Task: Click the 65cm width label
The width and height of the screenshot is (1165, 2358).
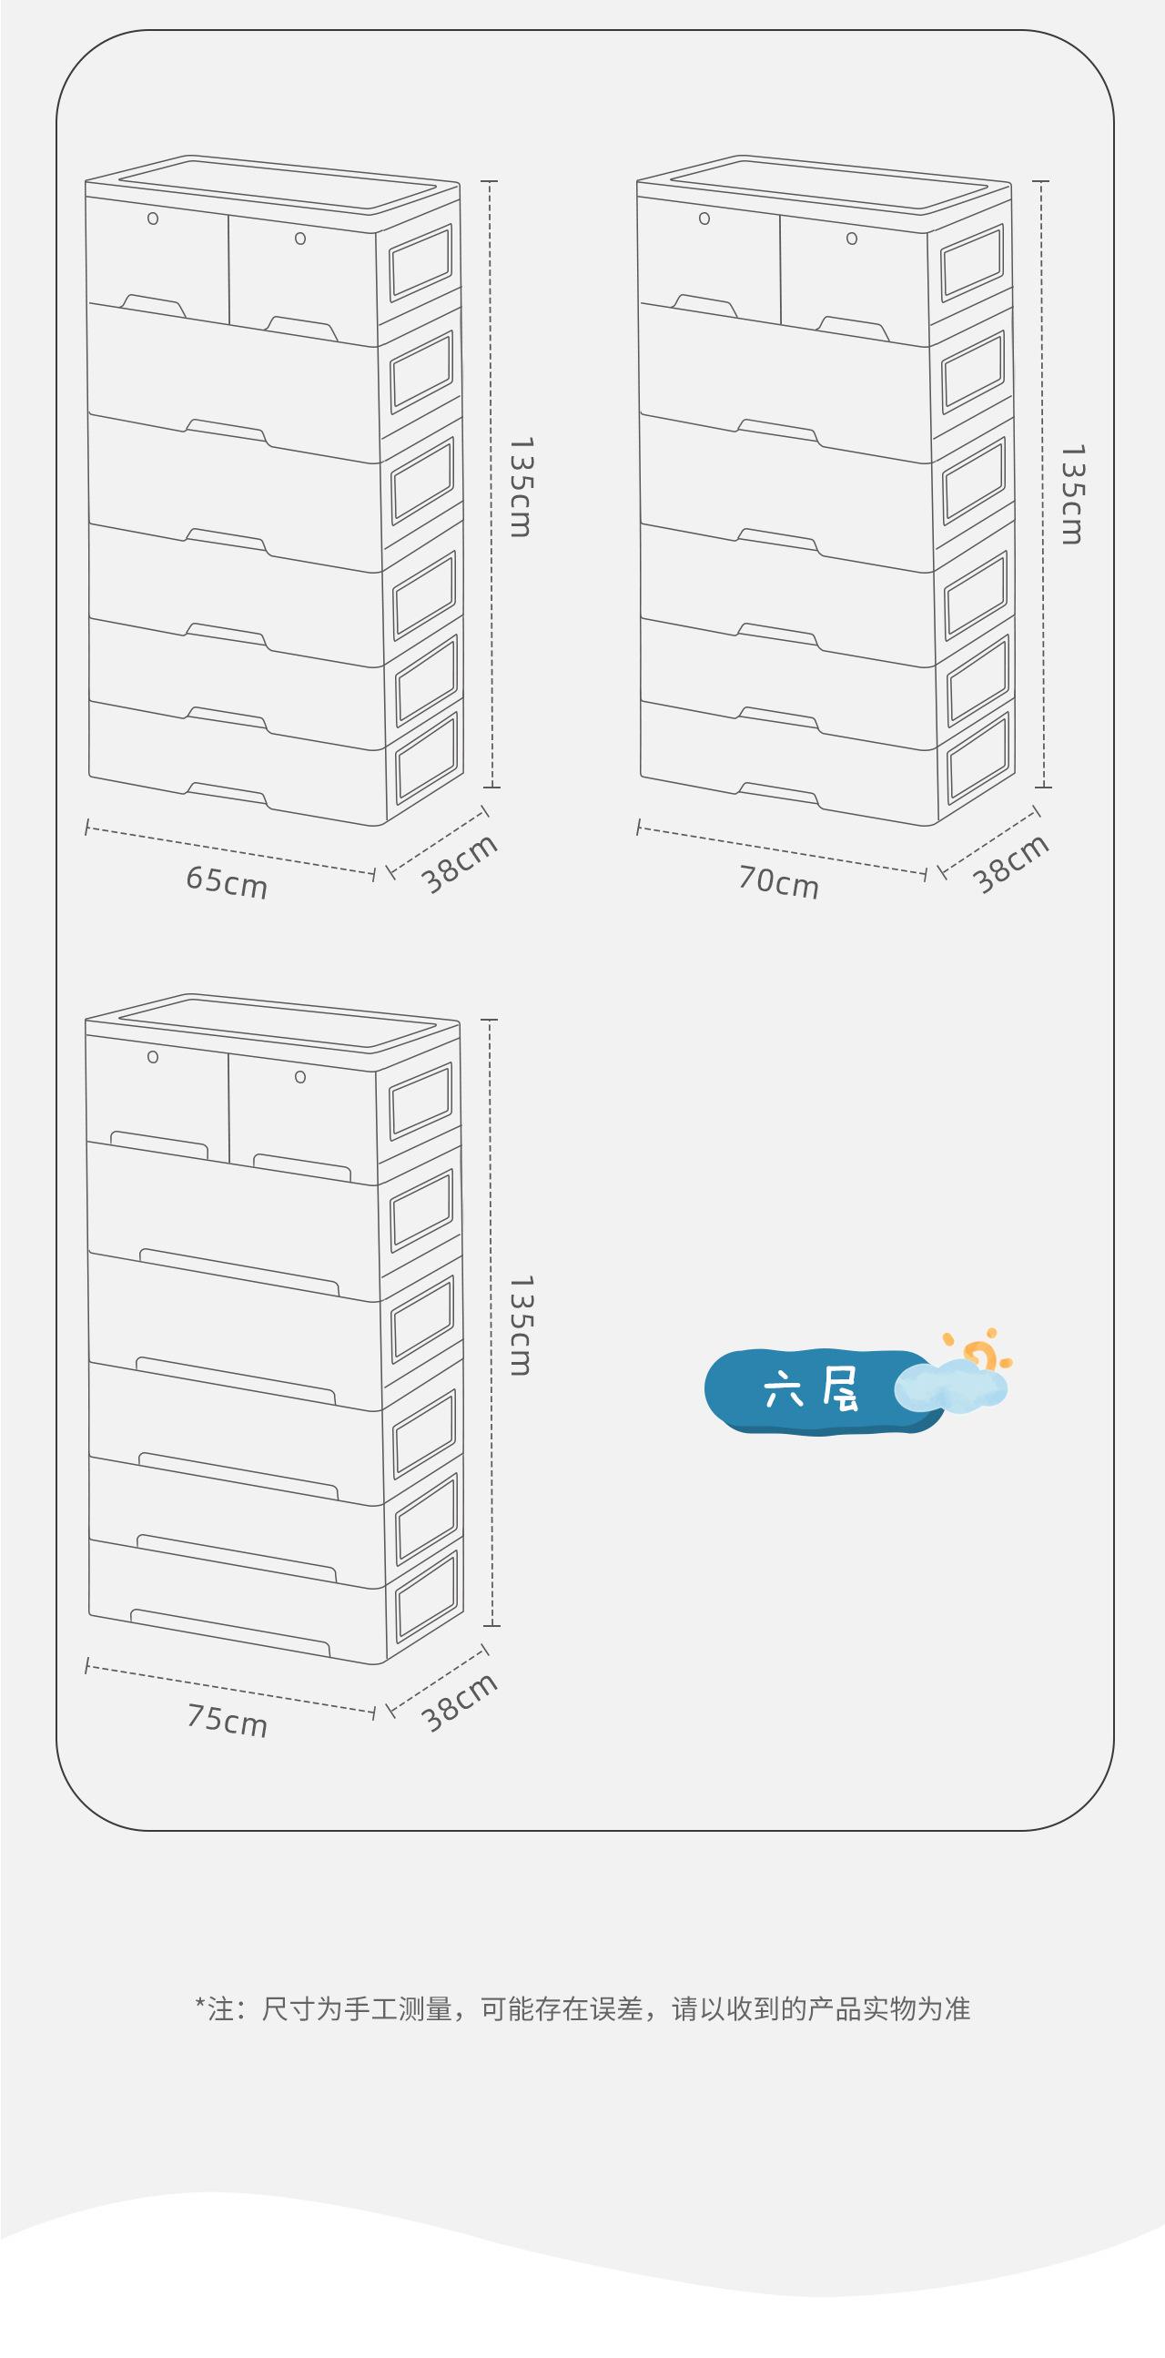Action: (x=226, y=881)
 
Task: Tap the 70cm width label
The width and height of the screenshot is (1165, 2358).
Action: (x=778, y=881)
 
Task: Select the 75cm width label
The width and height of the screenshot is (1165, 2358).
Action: (x=227, y=1720)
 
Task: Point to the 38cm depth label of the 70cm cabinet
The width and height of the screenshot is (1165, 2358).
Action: (x=1010, y=863)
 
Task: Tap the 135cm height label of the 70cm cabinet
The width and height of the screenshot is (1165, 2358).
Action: (x=1071, y=494)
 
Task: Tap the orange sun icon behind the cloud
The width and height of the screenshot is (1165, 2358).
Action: (x=980, y=1353)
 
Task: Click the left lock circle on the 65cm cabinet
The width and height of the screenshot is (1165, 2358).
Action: (x=153, y=219)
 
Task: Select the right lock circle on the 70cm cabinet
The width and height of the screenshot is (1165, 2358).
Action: (x=852, y=239)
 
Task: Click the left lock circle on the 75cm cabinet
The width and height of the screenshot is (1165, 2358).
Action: (x=153, y=1057)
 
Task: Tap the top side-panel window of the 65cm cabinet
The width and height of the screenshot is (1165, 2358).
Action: (x=421, y=263)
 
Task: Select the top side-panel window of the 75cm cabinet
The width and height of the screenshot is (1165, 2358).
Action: (x=421, y=1102)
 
